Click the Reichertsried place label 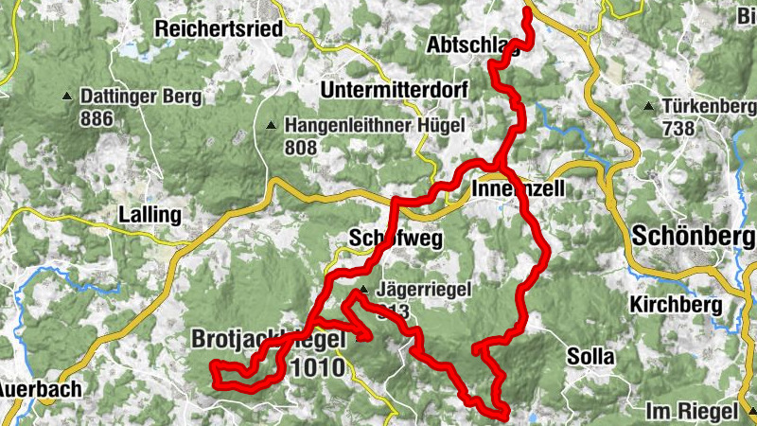pyautogui.click(x=220, y=28)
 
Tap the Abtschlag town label pyautogui.click(x=473, y=44)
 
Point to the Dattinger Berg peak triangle pyautogui.click(x=67, y=97)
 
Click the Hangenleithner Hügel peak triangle pyautogui.click(x=272, y=125)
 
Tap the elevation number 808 pyautogui.click(x=300, y=147)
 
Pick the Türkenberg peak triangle pyautogui.click(x=648, y=106)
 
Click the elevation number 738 pyautogui.click(x=678, y=128)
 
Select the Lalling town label pyautogui.click(x=150, y=215)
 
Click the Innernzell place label pyautogui.click(x=518, y=189)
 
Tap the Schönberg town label pyautogui.click(x=693, y=235)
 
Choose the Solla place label pyautogui.click(x=590, y=357)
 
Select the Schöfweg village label pyautogui.click(x=396, y=239)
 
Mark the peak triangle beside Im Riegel pyautogui.click(x=750, y=411)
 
